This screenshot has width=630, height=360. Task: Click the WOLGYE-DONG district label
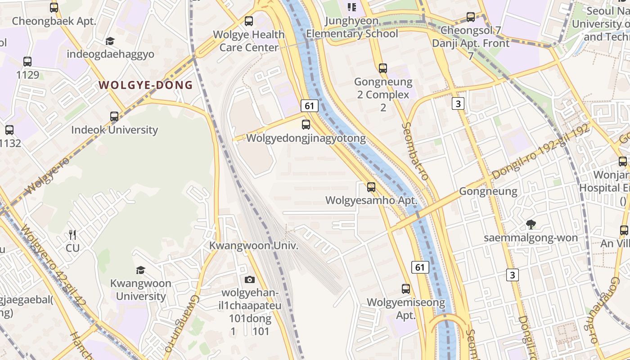coord(145,85)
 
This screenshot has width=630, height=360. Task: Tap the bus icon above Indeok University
coord(114,117)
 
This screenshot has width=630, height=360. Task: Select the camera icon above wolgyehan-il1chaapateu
coord(250,279)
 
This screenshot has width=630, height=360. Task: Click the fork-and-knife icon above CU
coord(72,234)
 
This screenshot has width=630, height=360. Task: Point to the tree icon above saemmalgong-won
coord(531,224)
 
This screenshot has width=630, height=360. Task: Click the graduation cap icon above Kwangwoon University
coord(141,270)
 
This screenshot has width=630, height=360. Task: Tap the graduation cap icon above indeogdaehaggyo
coord(110,41)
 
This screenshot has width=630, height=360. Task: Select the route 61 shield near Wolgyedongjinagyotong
coord(309,106)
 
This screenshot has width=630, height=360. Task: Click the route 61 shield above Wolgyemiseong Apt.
coord(420,267)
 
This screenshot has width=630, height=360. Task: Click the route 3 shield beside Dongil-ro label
coord(513,274)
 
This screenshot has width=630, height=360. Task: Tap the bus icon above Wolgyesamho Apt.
coord(371,187)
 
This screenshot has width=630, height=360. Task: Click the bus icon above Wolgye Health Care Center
coord(249,21)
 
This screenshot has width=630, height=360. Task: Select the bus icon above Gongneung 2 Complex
coord(382,68)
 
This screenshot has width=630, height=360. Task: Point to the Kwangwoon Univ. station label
coord(254,246)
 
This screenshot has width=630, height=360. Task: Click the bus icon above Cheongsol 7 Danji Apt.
coord(471,17)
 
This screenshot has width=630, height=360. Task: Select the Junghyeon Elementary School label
coord(352,27)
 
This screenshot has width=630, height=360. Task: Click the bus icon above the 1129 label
coord(27,62)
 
